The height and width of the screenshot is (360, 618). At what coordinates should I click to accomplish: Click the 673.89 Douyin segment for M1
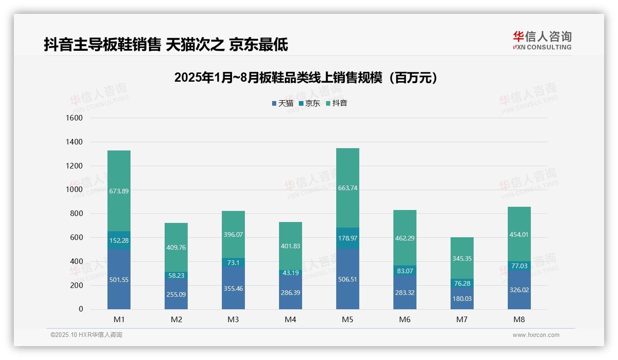[x=119, y=191]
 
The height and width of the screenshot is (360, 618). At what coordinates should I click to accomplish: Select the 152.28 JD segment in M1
[x=119, y=240]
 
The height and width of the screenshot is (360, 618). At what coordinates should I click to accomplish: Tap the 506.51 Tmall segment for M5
[x=348, y=279]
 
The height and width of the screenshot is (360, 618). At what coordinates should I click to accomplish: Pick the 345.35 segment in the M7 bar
[x=462, y=258]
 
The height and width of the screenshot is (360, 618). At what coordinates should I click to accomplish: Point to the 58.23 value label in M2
[x=176, y=275]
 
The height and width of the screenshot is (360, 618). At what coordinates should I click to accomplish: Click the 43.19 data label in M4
[x=291, y=273]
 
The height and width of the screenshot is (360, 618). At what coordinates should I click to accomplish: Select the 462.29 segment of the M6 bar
[x=405, y=238]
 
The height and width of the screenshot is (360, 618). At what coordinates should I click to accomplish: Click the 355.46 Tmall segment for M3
[x=233, y=288]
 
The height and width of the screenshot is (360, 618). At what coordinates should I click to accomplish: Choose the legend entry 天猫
[x=282, y=103]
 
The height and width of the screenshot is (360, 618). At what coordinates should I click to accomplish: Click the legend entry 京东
[x=309, y=103]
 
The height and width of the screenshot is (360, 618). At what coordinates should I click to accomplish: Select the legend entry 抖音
[x=336, y=103]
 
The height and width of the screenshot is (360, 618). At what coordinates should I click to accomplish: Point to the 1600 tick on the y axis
[x=74, y=118]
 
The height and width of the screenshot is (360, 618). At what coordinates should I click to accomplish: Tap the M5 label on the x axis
[x=348, y=320]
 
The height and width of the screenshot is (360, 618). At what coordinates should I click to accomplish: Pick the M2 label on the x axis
[x=176, y=320]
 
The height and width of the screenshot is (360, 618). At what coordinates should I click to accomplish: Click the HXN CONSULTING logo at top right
[x=542, y=41]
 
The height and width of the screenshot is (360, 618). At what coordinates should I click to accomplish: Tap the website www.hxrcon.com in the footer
[x=536, y=335]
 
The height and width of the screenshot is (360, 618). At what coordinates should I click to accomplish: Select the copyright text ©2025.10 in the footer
[x=86, y=335]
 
